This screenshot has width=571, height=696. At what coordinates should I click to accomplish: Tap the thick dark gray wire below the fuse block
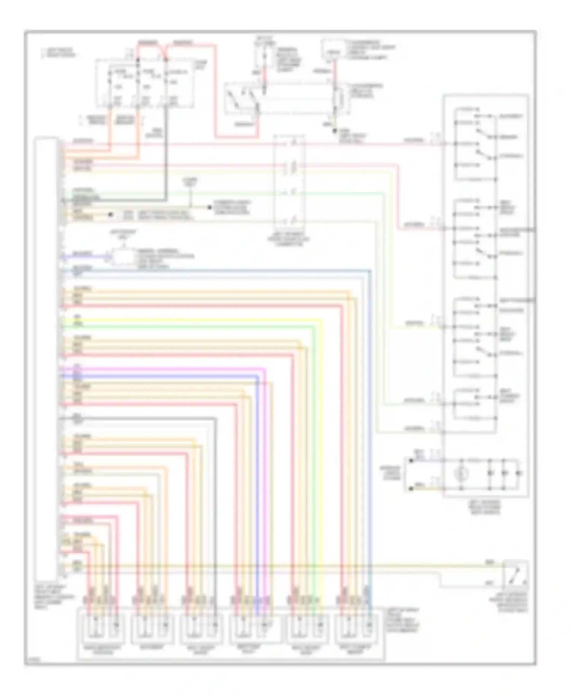coord(166,152)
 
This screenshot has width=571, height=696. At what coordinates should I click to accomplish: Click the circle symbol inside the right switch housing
coord(461,474)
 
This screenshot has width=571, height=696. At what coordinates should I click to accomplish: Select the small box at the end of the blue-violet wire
coord(123,257)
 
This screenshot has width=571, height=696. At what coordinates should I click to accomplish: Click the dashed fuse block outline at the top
coord(145,83)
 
